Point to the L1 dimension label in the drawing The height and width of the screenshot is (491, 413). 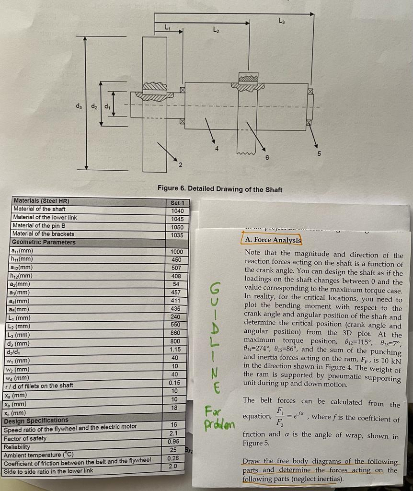167,28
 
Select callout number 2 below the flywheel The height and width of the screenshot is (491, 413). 180,165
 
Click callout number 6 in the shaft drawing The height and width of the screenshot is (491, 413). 267,158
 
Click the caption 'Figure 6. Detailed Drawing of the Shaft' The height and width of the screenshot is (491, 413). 220,189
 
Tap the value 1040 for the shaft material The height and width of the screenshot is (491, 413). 177,210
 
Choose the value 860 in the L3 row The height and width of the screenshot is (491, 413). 176,333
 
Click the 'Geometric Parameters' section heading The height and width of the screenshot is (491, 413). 44,242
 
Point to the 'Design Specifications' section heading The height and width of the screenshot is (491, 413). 36,421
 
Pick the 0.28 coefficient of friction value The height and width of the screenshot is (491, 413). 173,458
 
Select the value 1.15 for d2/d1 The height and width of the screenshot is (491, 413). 175,350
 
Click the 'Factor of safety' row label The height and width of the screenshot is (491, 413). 25,438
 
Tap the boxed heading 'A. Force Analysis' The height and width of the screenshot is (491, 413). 272,240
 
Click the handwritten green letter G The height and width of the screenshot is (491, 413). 215,289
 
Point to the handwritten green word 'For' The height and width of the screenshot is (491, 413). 214,411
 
